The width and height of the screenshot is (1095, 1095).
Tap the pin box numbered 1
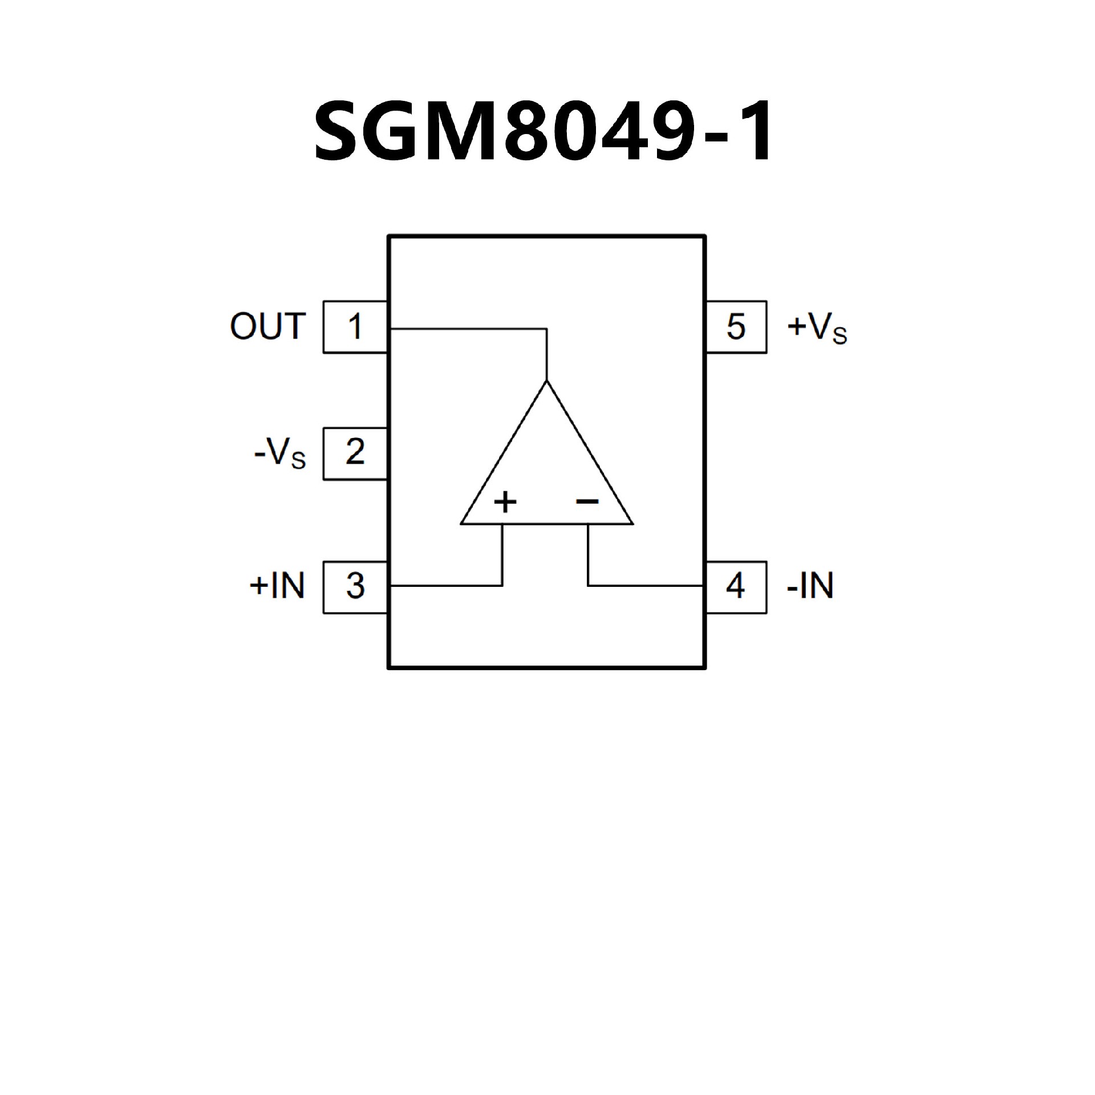pos(355,327)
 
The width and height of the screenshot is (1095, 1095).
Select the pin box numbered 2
pos(355,453)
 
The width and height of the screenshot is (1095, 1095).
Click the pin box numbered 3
pos(355,587)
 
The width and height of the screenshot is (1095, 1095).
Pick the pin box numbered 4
pos(736,587)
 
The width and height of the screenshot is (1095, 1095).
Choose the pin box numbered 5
pos(736,327)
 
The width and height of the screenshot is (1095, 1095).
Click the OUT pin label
pos(267,327)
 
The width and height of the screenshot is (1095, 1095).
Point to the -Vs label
pos(280,455)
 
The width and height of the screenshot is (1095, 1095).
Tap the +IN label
pos(277,586)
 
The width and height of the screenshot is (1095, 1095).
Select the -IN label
pos(810,586)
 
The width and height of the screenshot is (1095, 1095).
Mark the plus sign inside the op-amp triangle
pos(505,502)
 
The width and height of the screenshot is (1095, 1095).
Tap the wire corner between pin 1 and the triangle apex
pos(547,329)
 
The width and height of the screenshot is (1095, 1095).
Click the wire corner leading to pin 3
pos(502,585)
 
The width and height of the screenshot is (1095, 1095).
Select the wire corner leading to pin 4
pos(588,585)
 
